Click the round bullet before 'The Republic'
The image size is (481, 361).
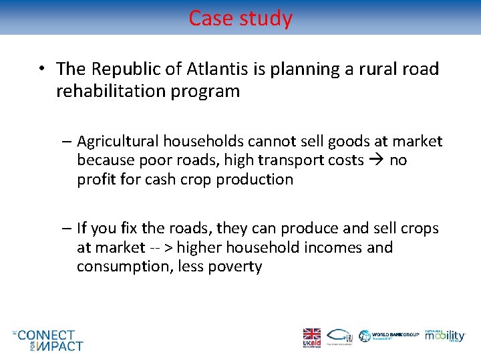click(42, 69)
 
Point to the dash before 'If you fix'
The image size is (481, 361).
click(69, 229)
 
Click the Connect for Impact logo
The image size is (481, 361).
click(49, 340)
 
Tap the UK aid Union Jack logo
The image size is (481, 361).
click(311, 336)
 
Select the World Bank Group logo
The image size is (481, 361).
click(389, 336)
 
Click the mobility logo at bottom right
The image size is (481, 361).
click(445, 336)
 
